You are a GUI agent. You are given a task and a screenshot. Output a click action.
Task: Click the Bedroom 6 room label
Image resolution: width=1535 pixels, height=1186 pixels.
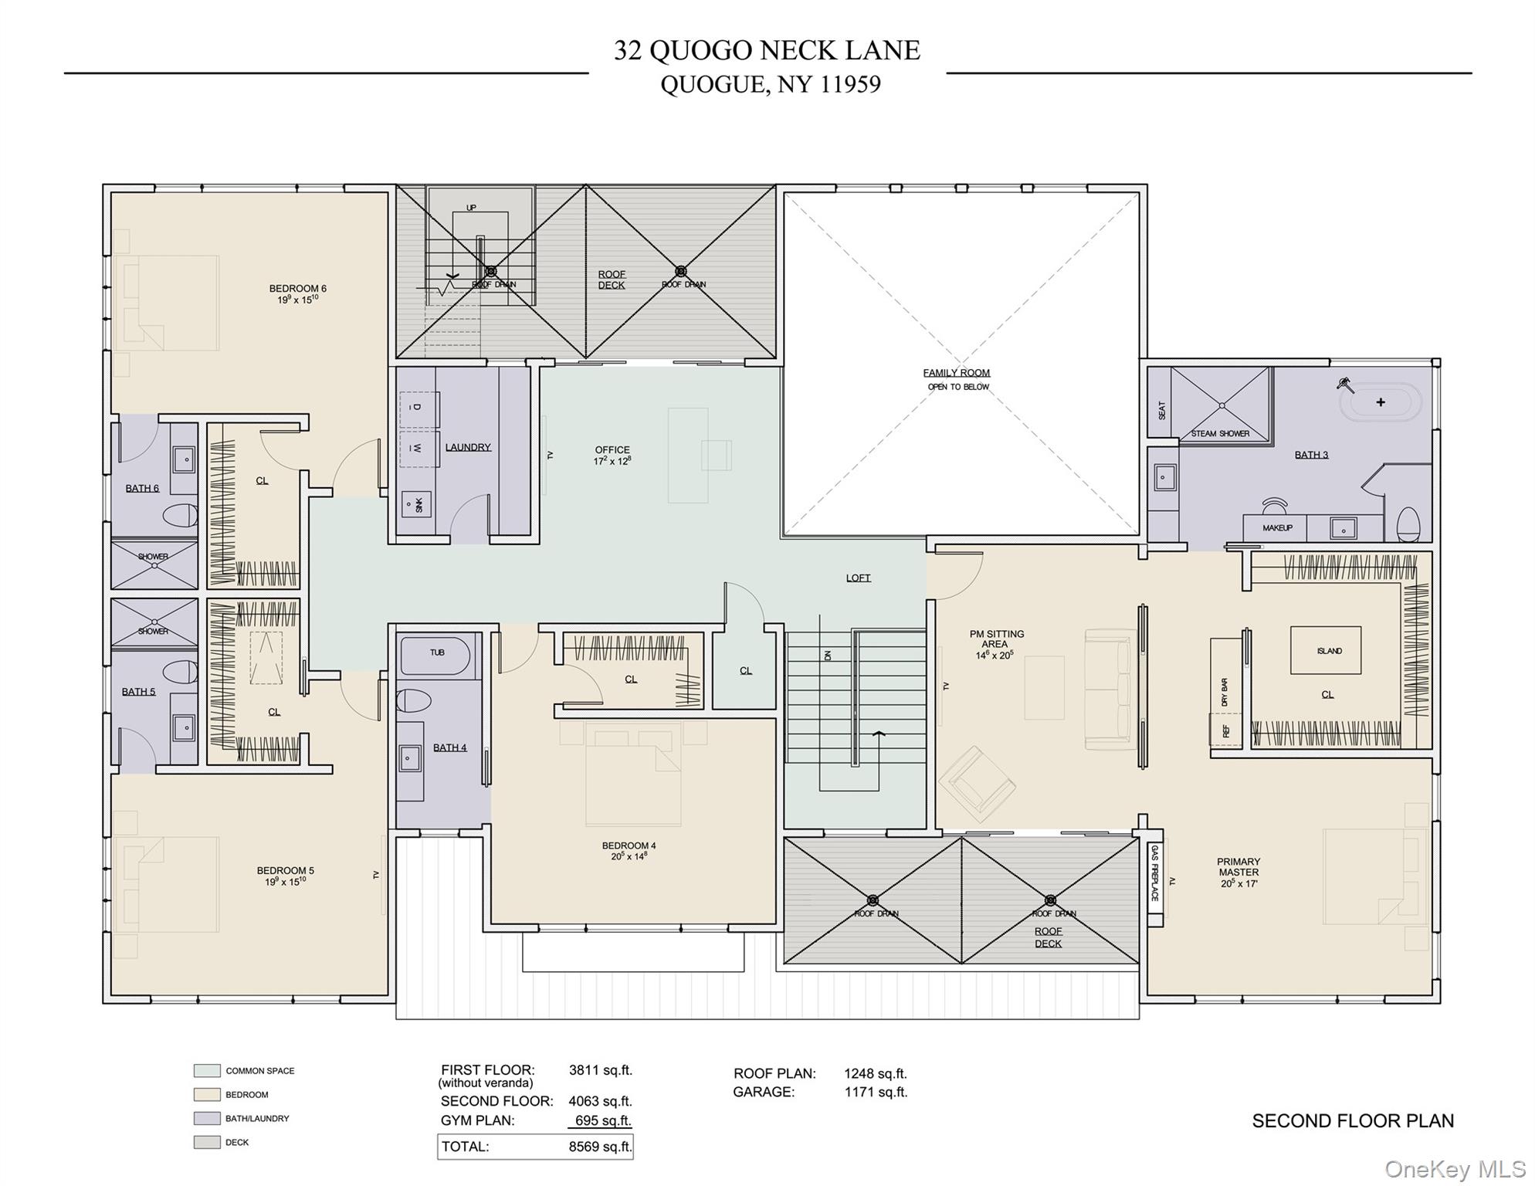[298, 289]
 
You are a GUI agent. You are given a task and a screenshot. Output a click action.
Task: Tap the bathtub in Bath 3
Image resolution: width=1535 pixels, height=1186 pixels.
[1380, 402]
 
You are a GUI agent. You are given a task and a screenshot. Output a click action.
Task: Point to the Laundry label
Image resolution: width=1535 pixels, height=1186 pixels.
[468, 447]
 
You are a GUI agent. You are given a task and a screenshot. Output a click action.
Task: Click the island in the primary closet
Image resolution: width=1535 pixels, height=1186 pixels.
[1326, 651]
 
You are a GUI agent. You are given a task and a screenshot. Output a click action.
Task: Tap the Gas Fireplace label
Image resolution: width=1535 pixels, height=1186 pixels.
[1154, 873]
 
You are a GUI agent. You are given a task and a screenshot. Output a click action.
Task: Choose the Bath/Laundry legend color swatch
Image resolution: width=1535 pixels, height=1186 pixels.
[207, 1118]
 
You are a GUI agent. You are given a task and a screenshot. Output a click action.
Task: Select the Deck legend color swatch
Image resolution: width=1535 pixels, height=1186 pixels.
[207, 1142]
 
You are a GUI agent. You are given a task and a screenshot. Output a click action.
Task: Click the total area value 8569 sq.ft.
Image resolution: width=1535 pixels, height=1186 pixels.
[600, 1147]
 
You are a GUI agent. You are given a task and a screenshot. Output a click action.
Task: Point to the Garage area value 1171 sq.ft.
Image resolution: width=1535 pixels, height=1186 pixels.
[876, 1092]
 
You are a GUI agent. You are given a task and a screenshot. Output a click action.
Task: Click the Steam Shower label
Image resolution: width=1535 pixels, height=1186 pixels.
[1220, 433]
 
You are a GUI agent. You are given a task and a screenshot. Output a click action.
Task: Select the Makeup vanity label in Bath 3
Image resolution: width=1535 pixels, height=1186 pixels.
[1277, 528]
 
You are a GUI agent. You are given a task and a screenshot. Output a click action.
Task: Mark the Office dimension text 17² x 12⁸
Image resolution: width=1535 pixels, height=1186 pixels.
[612, 461]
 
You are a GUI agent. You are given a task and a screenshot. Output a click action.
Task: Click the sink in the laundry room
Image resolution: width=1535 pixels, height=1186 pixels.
[416, 504]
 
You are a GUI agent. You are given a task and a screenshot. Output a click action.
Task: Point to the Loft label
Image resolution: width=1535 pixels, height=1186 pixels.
[858, 578]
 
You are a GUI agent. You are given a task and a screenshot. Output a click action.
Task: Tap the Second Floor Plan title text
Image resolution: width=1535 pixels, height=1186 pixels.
[1353, 1120]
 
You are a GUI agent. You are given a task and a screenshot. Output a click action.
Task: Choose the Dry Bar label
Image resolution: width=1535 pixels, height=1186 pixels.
[1225, 692]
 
